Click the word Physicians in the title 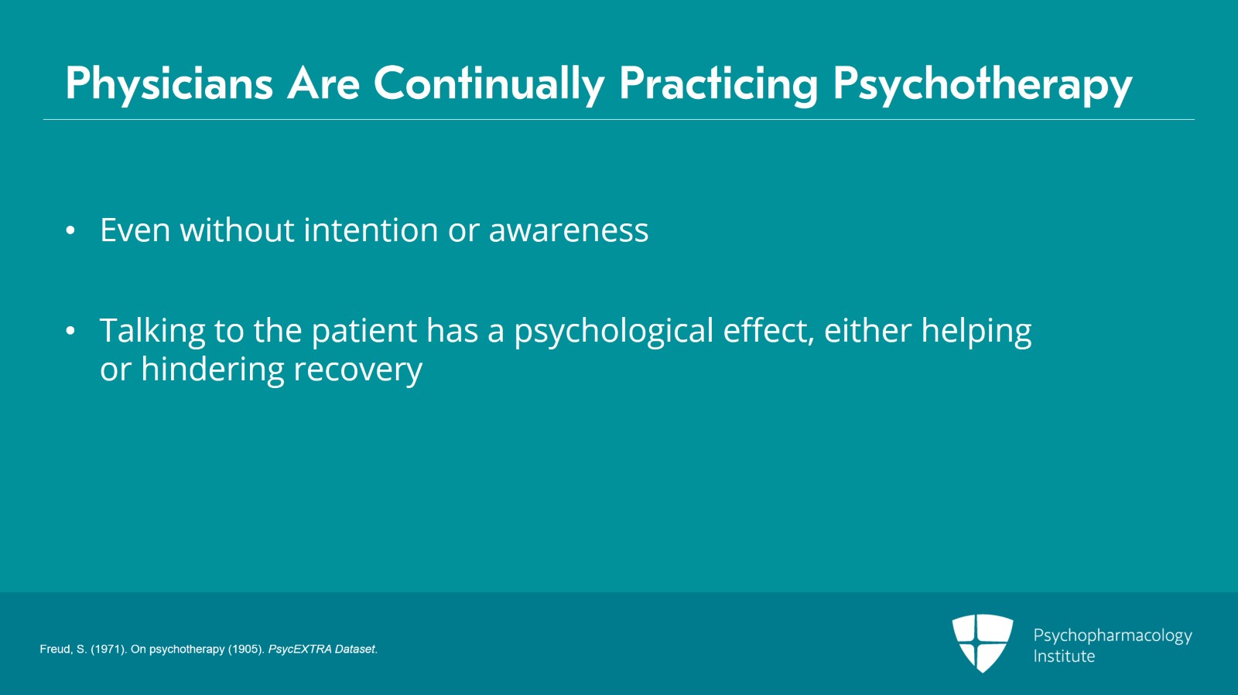[169, 84]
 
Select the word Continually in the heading [489, 84]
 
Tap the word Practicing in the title [719, 84]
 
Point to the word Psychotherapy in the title [983, 84]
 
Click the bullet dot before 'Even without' [70, 230]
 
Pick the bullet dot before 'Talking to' [70, 331]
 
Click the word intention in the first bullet [371, 230]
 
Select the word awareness [569, 230]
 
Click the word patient [364, 331]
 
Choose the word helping [976, 332]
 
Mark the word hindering [213, 370]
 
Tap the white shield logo [983, 643]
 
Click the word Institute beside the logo [1064, 656]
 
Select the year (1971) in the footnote [109, 649]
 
